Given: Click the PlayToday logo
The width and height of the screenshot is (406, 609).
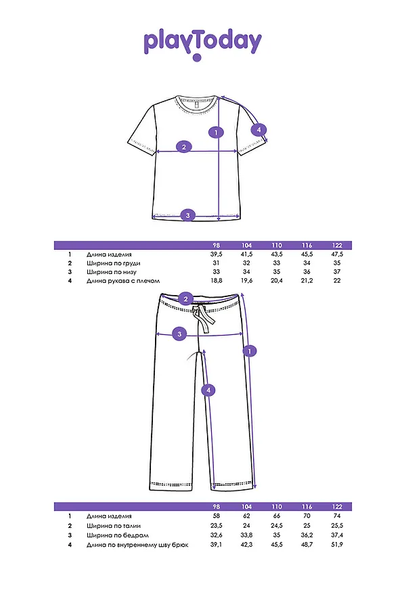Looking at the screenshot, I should [x=202, y=43].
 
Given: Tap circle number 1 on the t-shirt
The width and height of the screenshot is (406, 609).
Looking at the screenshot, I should [x=216, y=133].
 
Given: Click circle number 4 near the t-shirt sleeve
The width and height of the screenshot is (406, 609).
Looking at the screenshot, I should [x=258, y=130].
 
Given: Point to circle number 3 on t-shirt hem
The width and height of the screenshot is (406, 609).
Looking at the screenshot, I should [x=189, y=215].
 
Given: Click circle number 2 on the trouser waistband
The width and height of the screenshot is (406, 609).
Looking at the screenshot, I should [x=187, y=298].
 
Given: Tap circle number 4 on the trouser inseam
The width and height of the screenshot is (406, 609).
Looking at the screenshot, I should [x=208, y=390].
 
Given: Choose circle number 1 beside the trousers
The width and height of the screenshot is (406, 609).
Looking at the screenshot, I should [x=250, y=351].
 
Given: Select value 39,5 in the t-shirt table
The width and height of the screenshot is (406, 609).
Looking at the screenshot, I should [x=217, y=254].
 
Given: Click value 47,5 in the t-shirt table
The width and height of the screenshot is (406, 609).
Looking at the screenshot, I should [x=337, y=254].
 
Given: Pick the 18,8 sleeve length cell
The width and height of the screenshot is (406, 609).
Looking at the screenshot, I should [x=217, y=280].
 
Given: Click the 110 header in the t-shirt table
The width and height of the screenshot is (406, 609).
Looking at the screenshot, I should [x=277, y=245].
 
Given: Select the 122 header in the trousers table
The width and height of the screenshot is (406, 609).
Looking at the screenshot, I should [x=337, y=507].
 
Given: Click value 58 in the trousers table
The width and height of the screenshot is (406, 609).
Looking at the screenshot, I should [x=217, y=516].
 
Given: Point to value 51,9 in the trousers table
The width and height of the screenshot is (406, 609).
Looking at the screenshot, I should [x=337, y=544].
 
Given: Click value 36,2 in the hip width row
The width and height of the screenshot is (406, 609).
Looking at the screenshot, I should [x=307, y=535].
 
